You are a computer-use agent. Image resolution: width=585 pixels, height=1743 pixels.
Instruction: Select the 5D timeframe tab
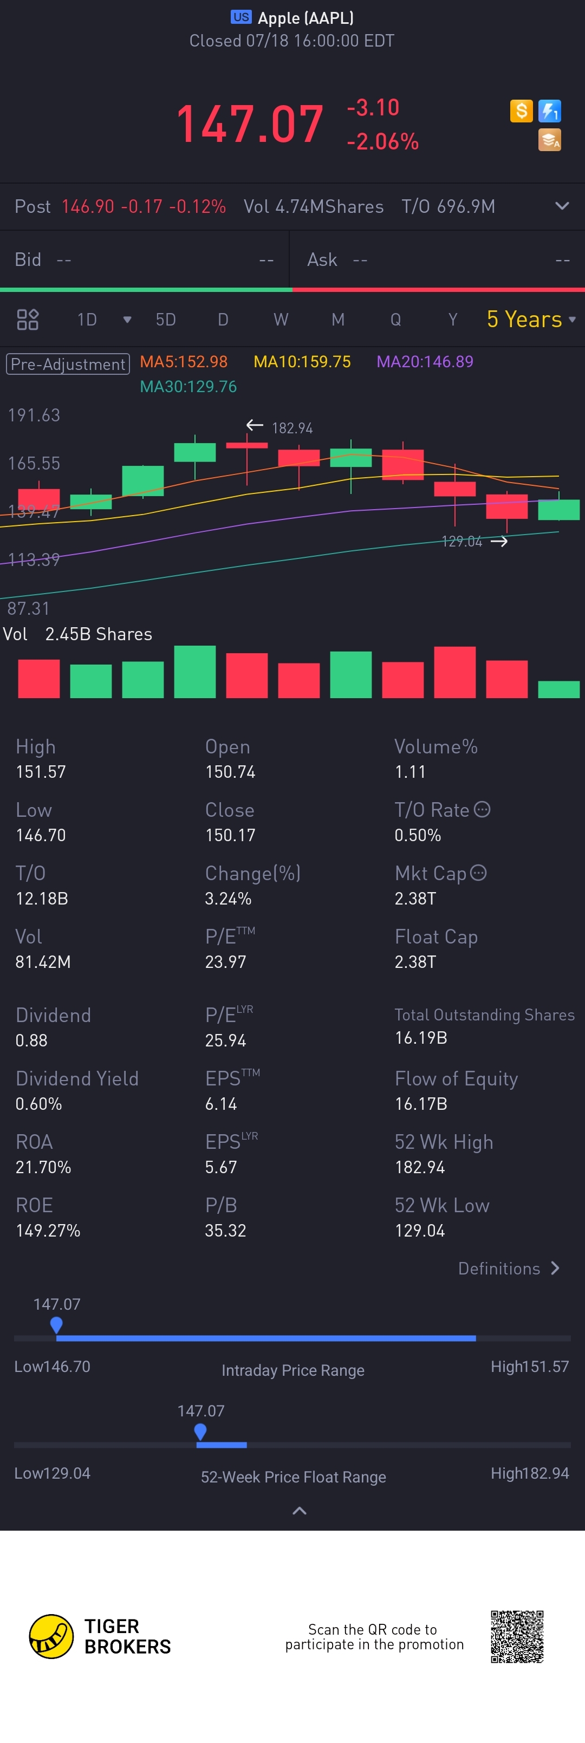[166, 320]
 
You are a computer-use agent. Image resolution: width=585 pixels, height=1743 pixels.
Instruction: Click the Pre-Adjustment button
[68, 364]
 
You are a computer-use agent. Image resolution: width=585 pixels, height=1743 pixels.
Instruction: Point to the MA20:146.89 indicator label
[425, 362]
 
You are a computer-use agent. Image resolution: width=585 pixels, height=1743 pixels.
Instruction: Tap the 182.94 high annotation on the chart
[291, 428]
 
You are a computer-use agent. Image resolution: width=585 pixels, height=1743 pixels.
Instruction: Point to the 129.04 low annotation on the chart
[462, 541]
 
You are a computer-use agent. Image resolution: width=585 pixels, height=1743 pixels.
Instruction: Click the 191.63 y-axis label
[34, 415]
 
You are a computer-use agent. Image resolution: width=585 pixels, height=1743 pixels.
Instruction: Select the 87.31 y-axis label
[28, 608]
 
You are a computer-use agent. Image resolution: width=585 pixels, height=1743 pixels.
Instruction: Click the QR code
[517, 1637]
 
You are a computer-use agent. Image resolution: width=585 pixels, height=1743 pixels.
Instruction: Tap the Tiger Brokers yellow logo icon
[51, 1637]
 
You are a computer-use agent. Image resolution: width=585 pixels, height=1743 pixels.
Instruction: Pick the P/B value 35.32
[225, 1231]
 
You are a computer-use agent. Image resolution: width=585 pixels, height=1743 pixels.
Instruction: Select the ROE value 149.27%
[48, 1231]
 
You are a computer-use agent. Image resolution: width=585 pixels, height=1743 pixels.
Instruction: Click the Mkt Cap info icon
[478, 873]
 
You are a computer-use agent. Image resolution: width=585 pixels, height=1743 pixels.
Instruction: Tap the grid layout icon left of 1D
[28, 320]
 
